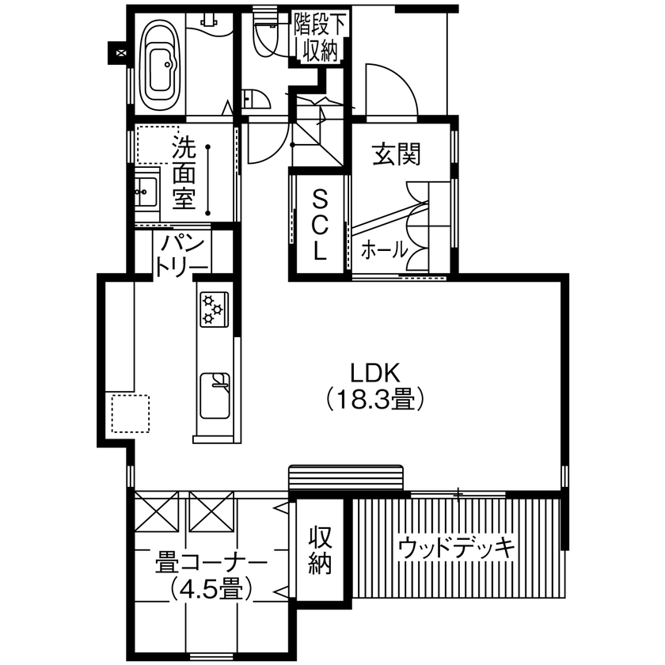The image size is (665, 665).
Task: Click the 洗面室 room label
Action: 184,173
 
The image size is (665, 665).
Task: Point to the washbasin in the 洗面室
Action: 146,191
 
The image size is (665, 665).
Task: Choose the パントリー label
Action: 182,254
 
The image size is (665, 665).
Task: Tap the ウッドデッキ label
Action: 457,547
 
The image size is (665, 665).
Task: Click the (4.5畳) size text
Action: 211,589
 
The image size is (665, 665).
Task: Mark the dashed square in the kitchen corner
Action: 130,412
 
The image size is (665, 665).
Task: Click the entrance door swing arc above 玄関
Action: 393,87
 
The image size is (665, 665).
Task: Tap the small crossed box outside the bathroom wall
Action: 120,53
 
